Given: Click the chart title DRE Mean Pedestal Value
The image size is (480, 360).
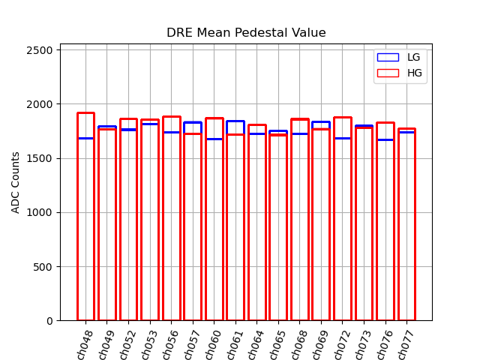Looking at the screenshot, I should [x=246, y=33].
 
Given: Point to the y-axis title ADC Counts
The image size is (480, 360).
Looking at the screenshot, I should [x=16, y=182].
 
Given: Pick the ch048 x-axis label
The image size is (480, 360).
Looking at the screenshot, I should [x=84, y=344].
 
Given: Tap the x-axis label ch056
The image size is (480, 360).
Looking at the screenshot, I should [x=169, y=344].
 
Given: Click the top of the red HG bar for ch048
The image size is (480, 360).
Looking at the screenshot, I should [x=85, y=113].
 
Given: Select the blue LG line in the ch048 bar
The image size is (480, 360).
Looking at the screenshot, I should [x=85, y=138].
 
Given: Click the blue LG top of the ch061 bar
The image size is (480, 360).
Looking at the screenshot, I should [x=235, y=121].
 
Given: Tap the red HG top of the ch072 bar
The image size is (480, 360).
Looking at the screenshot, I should [x=343, y=118].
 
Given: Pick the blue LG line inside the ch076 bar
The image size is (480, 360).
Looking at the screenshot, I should [x=385, y=139].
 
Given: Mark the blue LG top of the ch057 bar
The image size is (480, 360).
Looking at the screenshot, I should [x=193, y=122].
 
